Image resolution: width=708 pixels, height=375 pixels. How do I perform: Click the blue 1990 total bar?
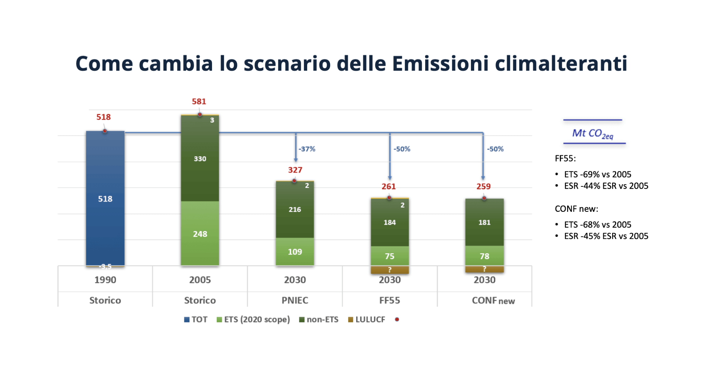click(105, 199)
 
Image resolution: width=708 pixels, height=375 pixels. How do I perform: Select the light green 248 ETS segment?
click(200, 234)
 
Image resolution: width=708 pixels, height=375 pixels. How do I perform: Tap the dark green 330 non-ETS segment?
click(200, 159)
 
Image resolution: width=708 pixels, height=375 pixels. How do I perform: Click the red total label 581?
click(199, 101)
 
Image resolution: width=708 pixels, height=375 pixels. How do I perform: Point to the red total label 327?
click(295, 170)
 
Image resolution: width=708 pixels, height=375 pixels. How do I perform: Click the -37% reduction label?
click(307, 149)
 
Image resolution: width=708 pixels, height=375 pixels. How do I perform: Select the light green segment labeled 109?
click(295, 252)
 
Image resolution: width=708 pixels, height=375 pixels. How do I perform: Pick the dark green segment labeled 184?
click(389, 222)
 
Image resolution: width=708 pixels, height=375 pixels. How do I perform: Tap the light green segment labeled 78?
click(484, 256)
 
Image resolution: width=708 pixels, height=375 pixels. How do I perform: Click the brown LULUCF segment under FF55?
click(389, 270)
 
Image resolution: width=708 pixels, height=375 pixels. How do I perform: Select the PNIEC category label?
click(295, 300)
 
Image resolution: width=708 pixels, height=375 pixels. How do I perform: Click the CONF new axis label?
click(493, 301)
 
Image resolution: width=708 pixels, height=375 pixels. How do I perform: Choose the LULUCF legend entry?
click(367, 319)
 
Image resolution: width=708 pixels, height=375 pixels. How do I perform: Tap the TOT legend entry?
click(196, 319)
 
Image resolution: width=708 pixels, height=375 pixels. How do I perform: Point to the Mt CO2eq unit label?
click(593, 133)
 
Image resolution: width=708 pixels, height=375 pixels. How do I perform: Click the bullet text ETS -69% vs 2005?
click(597, 174)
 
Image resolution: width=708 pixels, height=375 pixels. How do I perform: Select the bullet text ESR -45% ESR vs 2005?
click(606, 236)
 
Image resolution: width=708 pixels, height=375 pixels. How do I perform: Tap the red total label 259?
click(483, 186)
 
